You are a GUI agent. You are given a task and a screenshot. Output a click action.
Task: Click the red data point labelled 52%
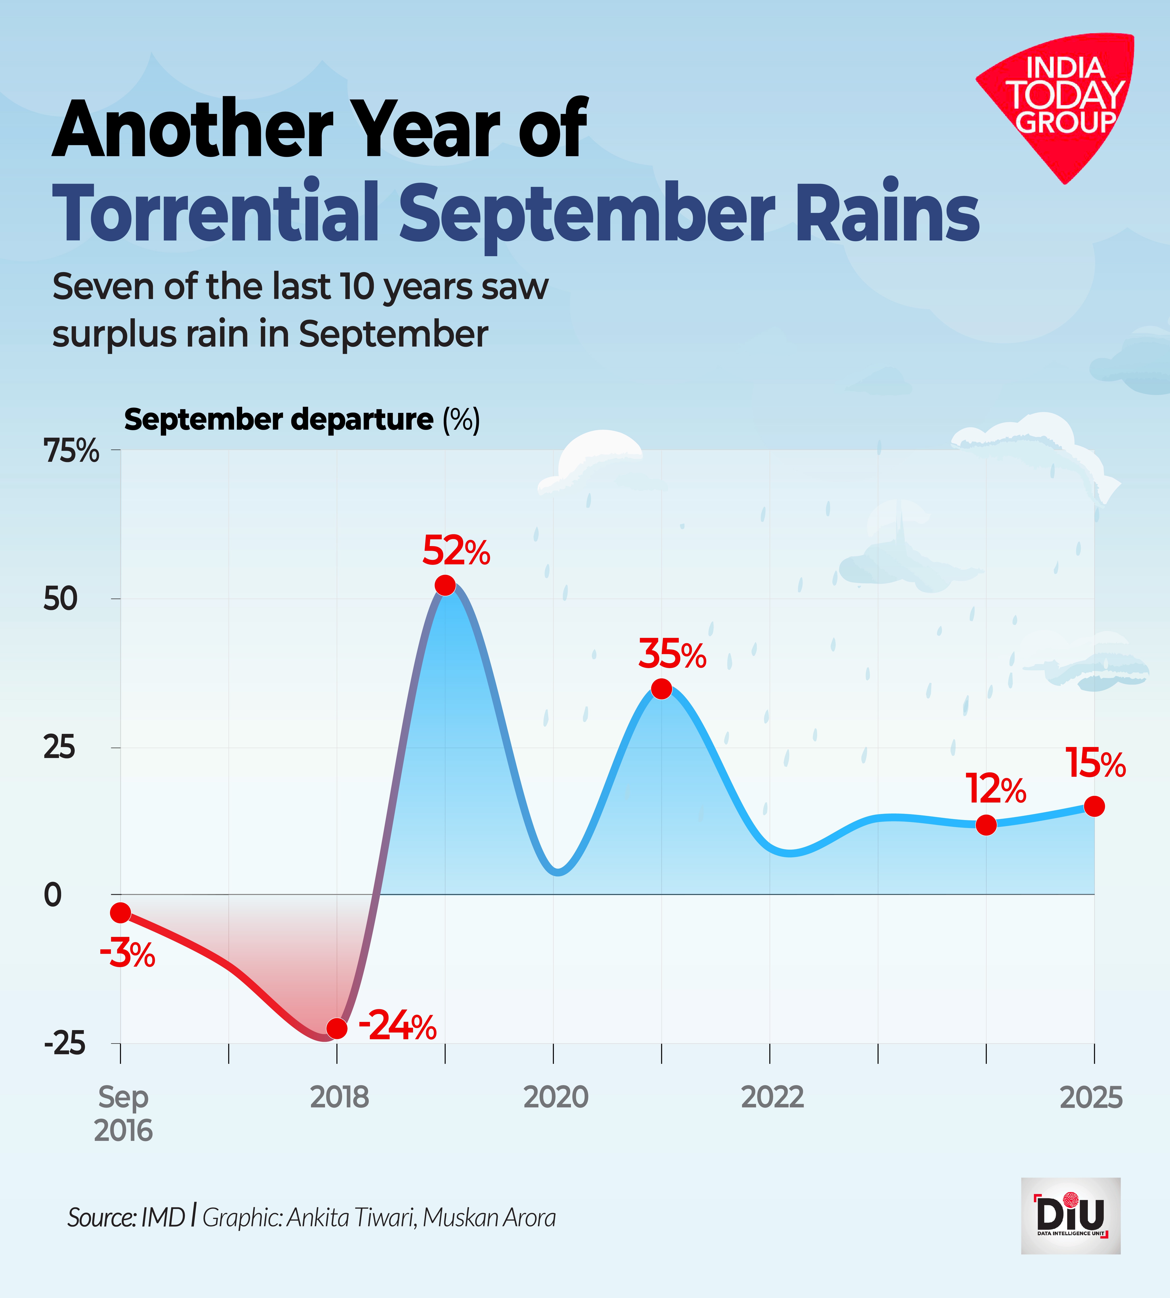pos(445,585)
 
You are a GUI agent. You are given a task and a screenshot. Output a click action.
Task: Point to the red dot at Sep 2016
pos(120,912)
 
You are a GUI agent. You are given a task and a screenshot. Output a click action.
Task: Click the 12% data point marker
pos(986,825)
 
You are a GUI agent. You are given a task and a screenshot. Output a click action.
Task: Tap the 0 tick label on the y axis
pos(53,895)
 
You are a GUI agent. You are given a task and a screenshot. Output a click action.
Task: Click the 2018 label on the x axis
pos(340,1097)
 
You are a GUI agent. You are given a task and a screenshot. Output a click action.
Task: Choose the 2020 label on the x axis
pos(556,1097)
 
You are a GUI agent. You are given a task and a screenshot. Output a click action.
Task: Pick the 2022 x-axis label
pos(773,1097)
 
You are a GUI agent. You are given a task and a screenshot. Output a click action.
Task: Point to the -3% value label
pos(127,954)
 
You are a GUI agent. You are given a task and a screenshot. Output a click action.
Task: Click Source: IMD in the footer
pos(126,1218)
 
